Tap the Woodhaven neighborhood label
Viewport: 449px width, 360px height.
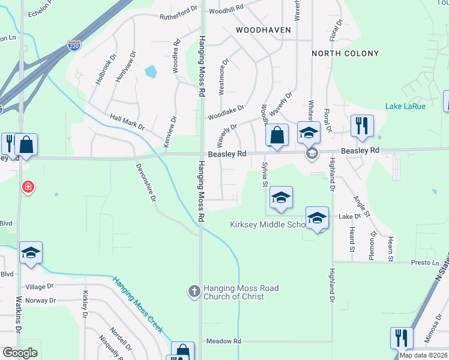264,29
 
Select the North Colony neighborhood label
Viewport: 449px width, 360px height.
345,53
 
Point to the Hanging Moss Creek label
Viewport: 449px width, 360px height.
137,304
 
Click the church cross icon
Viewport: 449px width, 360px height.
194,292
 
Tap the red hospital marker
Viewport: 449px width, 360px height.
28,188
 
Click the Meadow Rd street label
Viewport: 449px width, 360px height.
223,341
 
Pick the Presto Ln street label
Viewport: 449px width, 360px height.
426,262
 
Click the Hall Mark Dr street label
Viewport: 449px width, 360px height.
127,123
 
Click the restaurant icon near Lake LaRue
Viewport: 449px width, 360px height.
362,125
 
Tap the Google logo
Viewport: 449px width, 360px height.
20,353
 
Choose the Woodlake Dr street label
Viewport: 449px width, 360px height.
226,112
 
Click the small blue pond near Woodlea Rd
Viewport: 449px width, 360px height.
150,72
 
